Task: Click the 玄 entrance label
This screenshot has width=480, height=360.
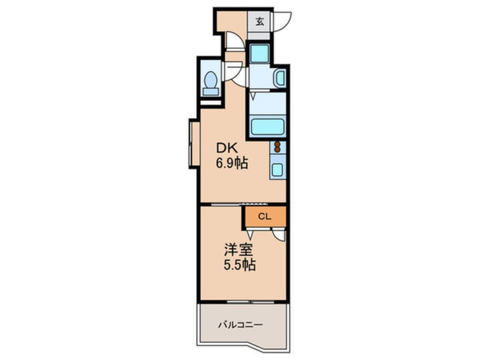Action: (260, 22)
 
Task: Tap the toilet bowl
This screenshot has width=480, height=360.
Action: (210, 79)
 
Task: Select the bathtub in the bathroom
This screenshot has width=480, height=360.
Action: (267, 127)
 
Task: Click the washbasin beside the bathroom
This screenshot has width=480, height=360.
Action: (280, 78)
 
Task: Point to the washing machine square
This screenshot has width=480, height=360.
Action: (260, 53)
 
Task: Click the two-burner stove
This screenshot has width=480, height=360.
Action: (277, 147)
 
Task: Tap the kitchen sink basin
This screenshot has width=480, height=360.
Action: (277, 169)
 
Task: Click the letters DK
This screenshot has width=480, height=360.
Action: (227, 149)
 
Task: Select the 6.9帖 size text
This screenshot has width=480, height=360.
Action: (231, 164)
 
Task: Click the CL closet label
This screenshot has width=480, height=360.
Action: (265, 216)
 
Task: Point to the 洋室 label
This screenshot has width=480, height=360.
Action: (238, 250)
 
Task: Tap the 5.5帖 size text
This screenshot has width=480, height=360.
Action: (239, 265)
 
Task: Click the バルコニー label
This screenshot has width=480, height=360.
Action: (241, 325)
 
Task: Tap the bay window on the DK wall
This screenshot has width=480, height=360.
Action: (192, 144)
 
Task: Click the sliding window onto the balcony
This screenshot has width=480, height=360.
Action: (250, 302)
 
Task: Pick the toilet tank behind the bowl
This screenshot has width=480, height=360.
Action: (211, 91)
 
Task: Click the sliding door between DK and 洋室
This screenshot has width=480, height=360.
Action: (239, 204)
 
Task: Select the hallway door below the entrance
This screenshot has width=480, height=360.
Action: (235, 41)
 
